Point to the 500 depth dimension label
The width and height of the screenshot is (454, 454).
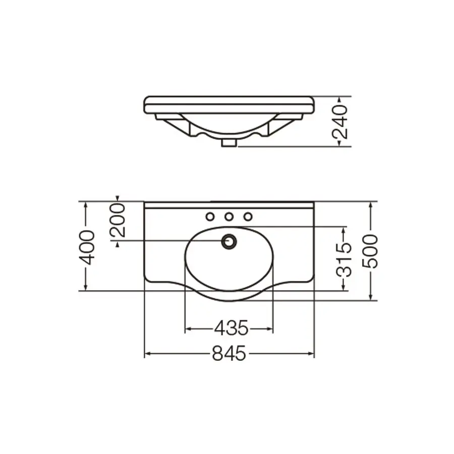pyautogui.click(x=371, y=251)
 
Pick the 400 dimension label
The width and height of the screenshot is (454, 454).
pyautogui.click(x=87, y=247)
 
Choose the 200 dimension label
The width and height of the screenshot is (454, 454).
pyautogui.click(x=117, y=220)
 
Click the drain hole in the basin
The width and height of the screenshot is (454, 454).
pyautogui.click(x=229, y=241)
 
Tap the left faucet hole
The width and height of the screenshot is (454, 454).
pyautogui.click(x=210, y=217)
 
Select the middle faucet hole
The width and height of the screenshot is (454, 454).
pyautogui.click(x=229, y=217)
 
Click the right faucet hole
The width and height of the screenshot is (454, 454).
pyautogui.click(x=248, y=217)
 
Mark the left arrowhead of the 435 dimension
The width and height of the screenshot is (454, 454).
pyautogui.click(x=188, y=329)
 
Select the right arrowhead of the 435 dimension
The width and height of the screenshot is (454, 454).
pyautogui.click(x=270, y=329)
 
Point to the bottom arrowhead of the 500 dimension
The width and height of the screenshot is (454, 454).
pyautogui.click(x=371, y=298)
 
